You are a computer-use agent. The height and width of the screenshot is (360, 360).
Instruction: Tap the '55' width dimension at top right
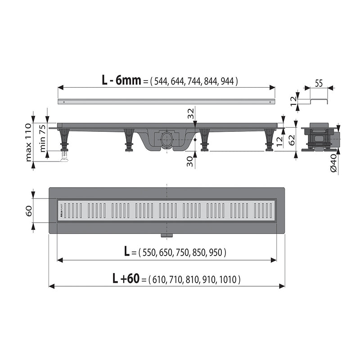(x=319, y=82)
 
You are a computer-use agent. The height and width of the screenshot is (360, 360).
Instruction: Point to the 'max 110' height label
(x=29, y=142)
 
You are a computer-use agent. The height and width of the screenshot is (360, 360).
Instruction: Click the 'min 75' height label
(x=41, y=137)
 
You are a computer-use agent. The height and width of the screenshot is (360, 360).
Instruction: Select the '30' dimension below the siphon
(x=191, y=161)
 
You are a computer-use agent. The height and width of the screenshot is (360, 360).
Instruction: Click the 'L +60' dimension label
(x=126, y=279)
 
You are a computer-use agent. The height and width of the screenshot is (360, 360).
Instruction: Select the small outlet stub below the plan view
(x=167, y=235)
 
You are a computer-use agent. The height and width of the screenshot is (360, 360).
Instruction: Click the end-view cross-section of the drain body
(x=319, y=138)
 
